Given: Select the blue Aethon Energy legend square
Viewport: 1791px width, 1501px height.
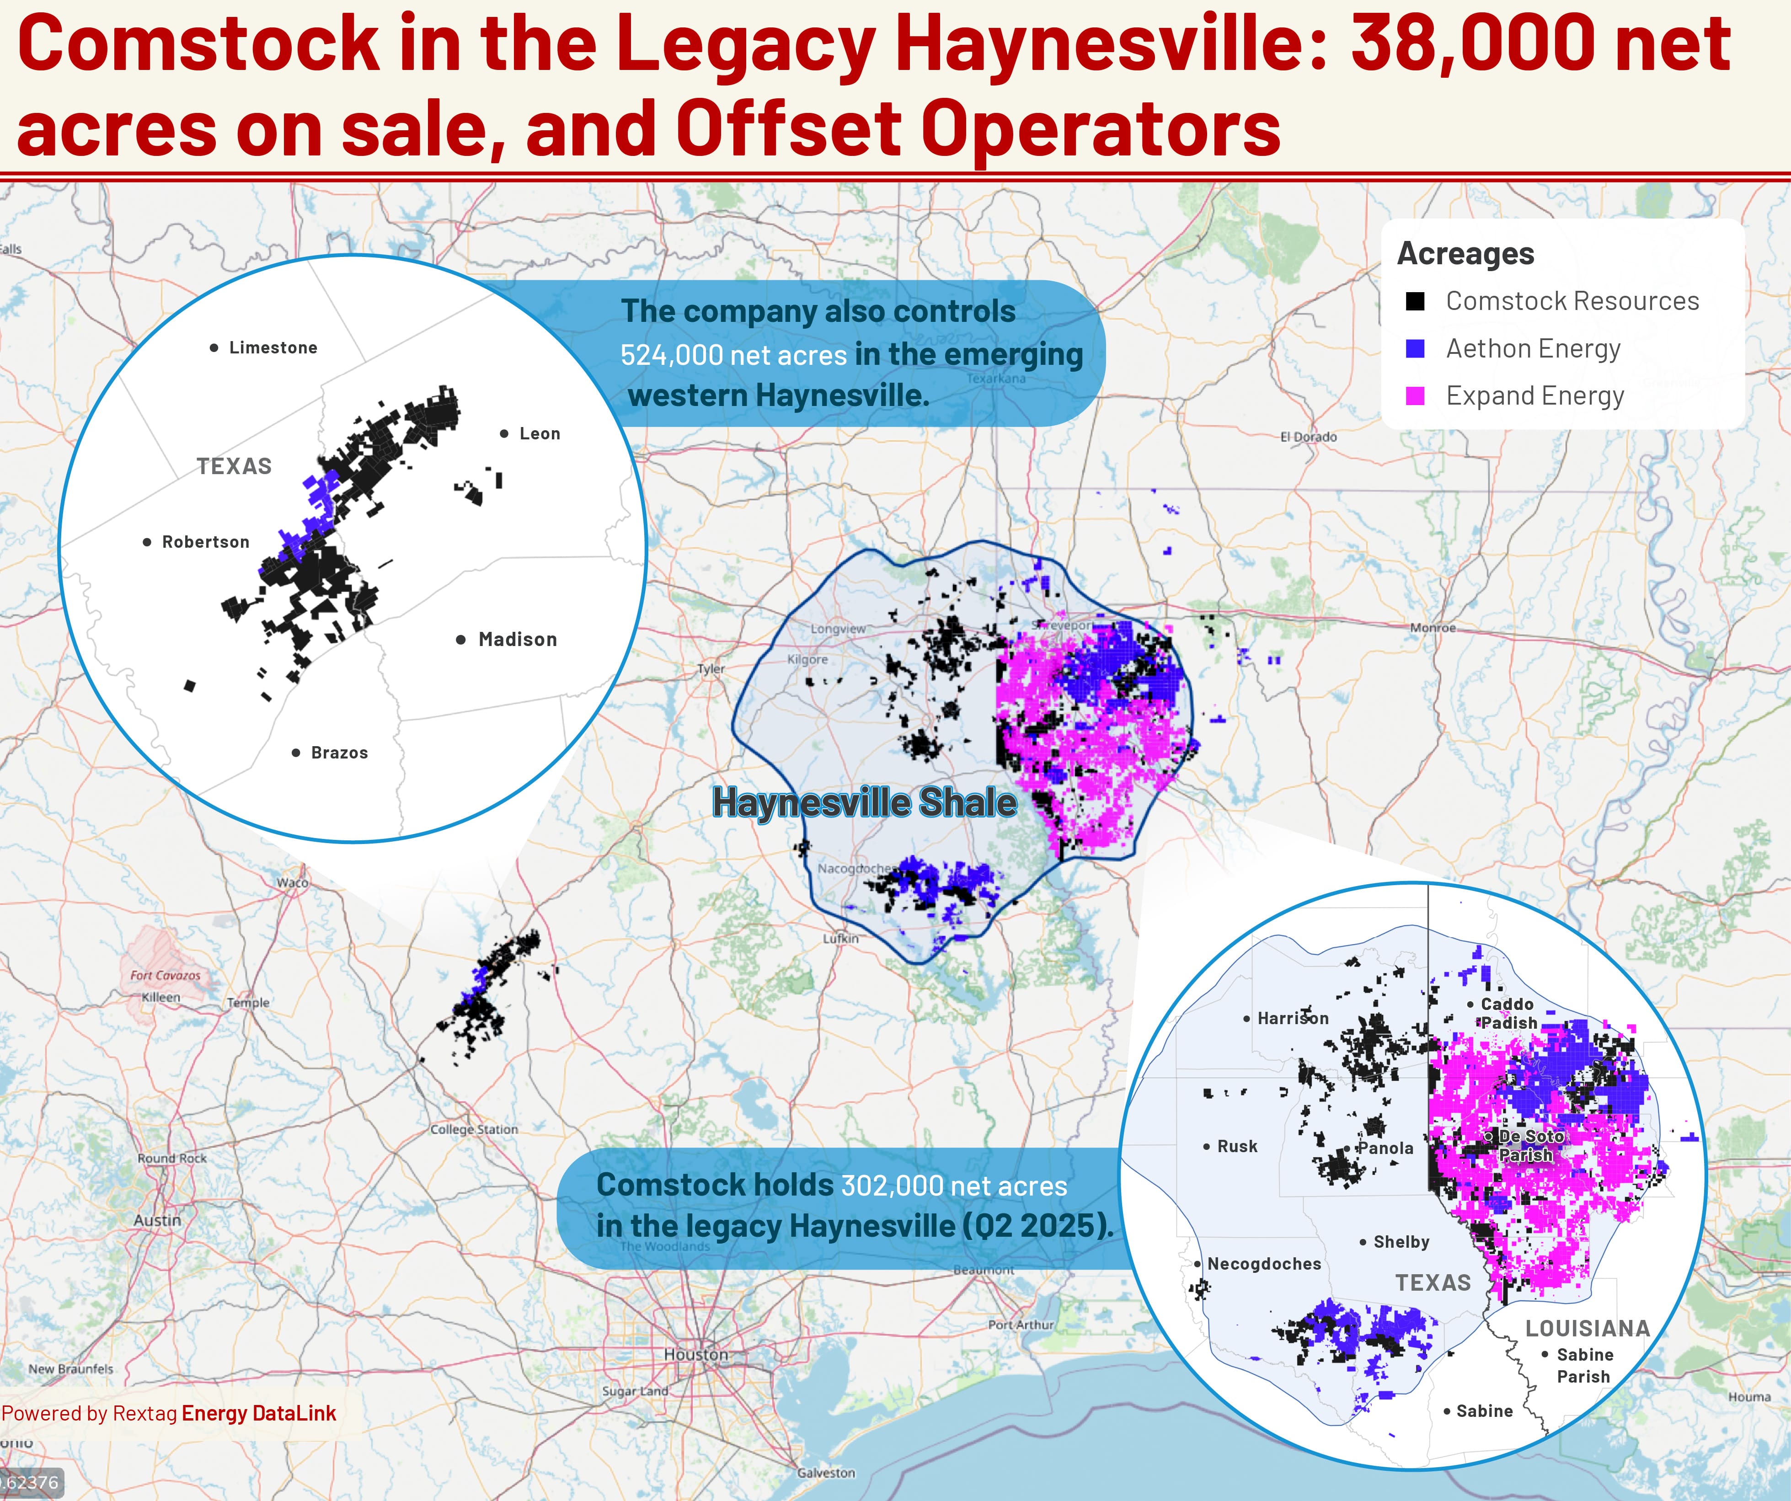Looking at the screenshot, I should tap(1415, 349).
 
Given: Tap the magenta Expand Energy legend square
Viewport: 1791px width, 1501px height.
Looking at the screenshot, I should tap(1415, 396).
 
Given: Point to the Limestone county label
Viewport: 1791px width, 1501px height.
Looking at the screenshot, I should tap(273, 348).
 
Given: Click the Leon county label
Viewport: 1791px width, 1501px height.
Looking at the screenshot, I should tap(540, 434).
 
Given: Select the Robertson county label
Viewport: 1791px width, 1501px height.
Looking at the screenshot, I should tap(206, 542).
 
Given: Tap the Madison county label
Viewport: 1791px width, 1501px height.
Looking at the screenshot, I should tap(517, 640).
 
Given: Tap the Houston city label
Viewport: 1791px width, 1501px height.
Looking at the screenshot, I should tap(696, 1354).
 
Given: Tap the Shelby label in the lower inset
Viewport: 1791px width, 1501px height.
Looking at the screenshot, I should tap(1401, 1242).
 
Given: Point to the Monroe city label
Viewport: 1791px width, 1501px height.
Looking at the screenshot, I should tap(1433, 628).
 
